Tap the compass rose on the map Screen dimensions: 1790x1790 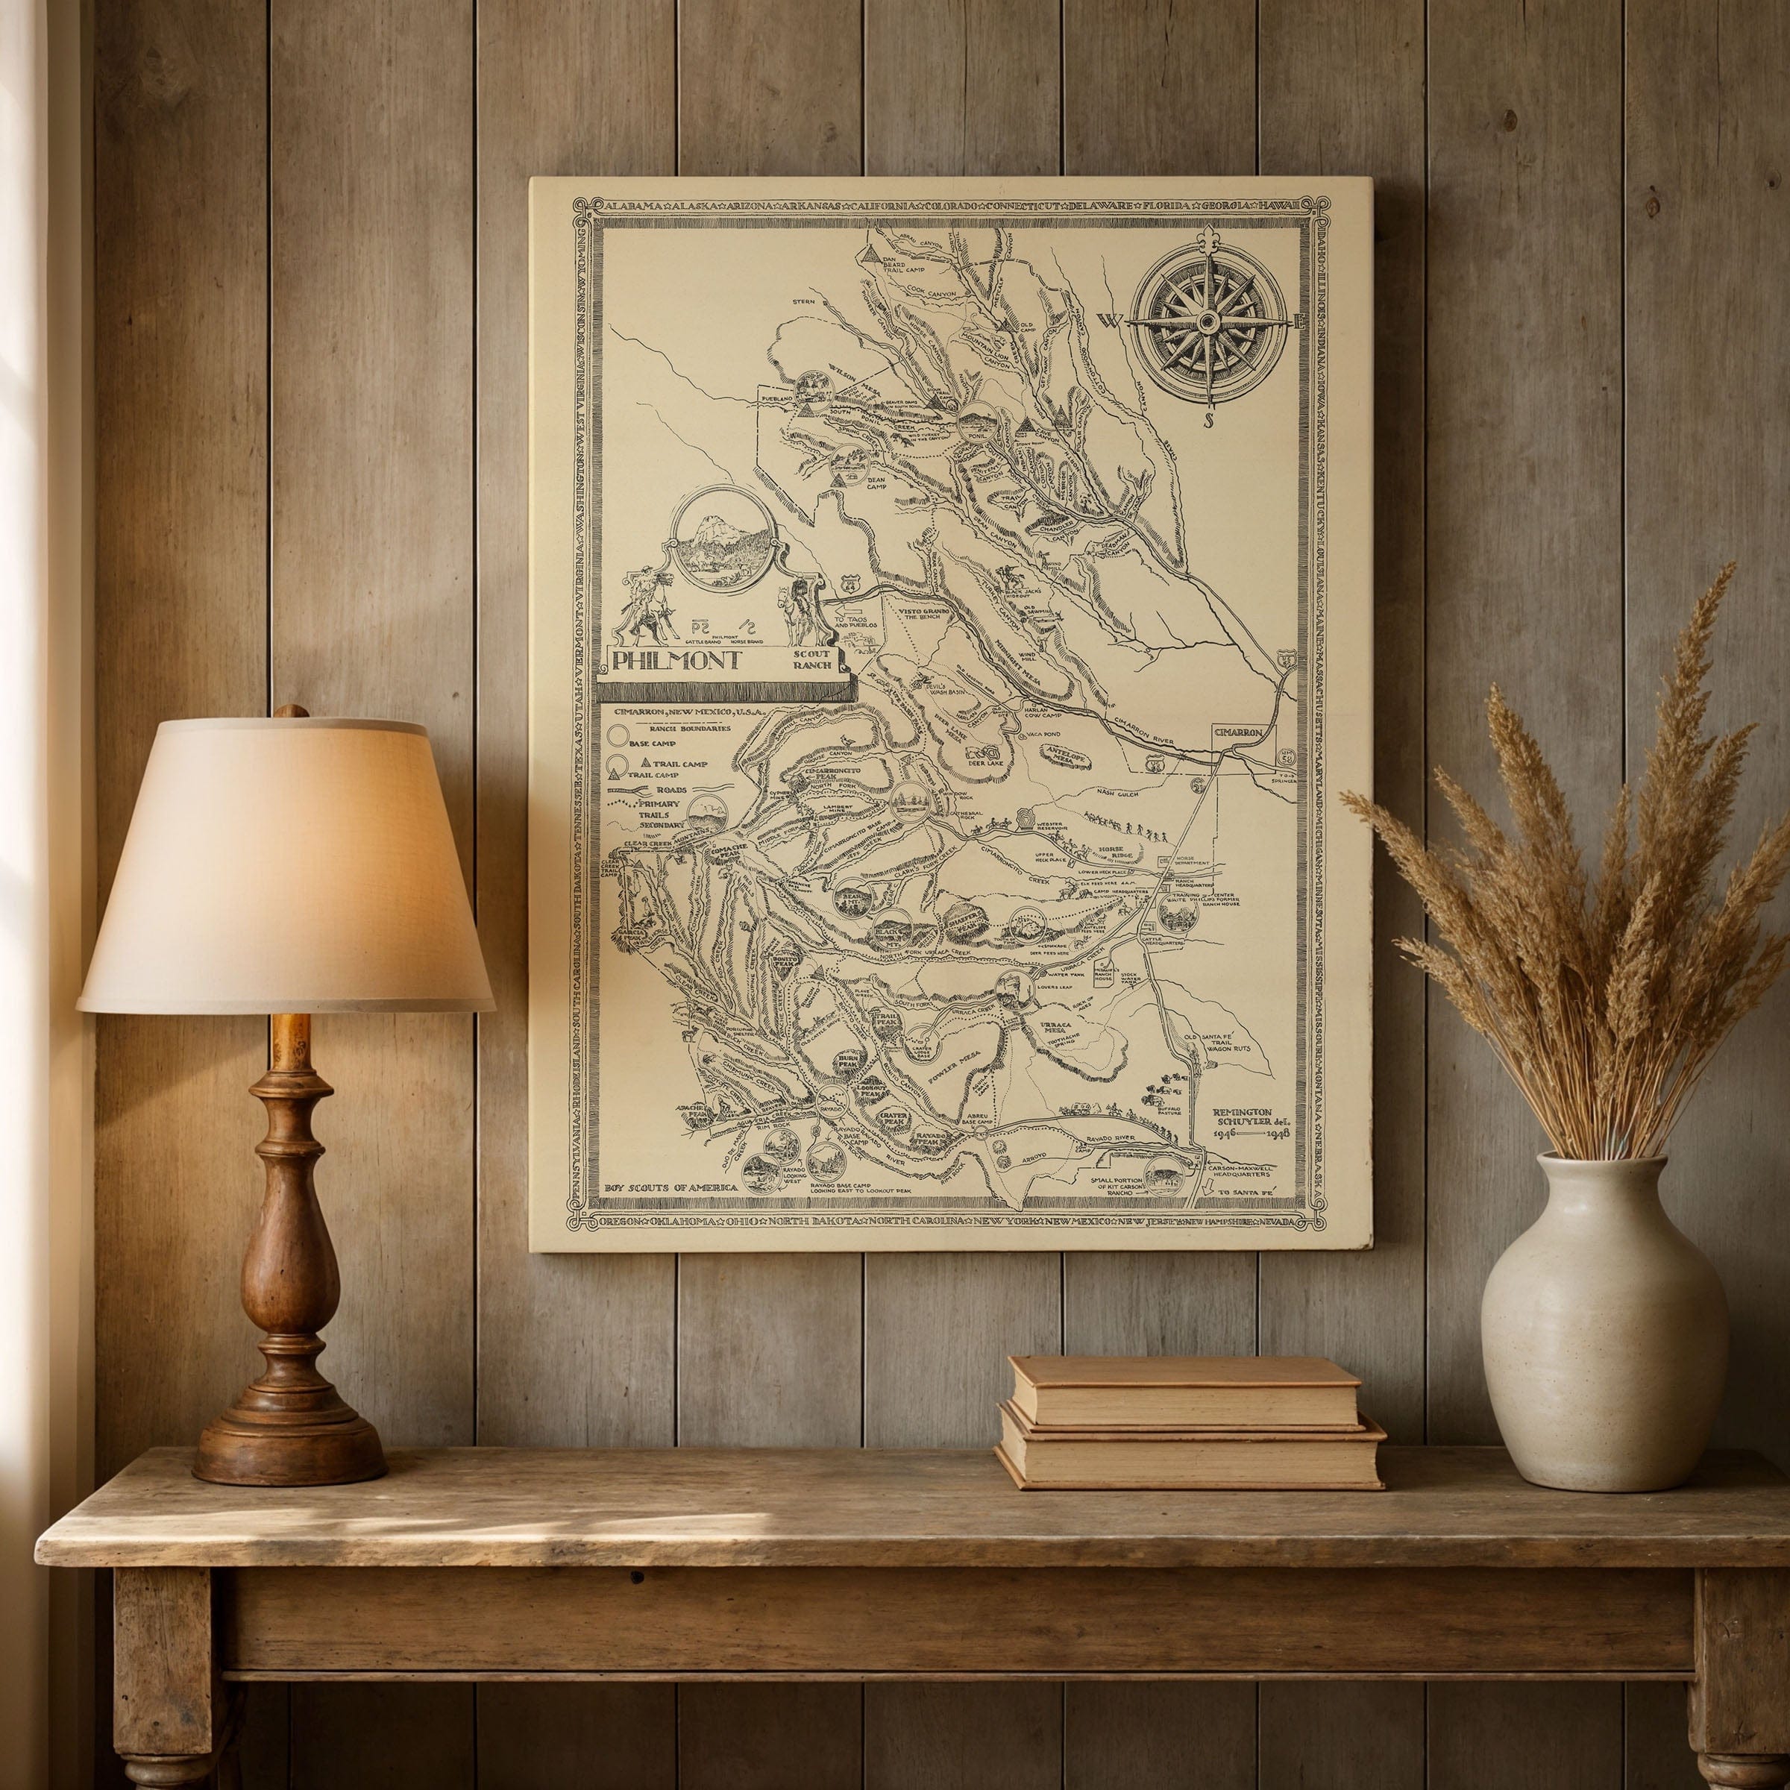(1208, 322)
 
